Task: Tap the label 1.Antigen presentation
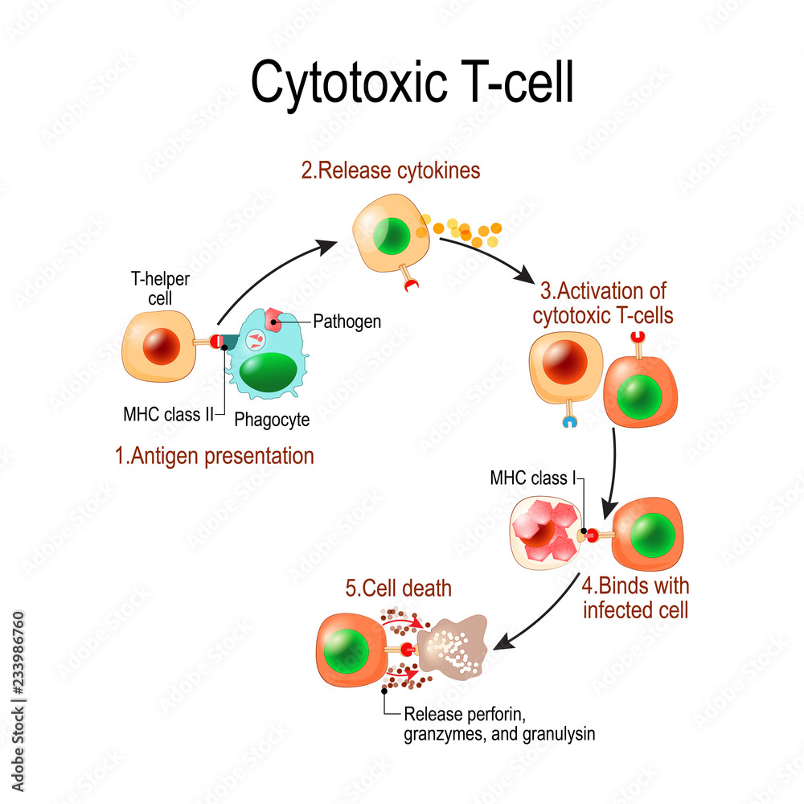click(x=214, y=457)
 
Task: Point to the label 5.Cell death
click(x=398, y=589)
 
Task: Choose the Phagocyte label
click(x=272, y=419)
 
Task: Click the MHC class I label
click(x=533, y=478)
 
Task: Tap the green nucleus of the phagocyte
click(x=266, y=373)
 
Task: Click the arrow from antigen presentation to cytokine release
click(x=273, y=272)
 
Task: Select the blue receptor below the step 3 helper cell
click(x=568, y=420)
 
